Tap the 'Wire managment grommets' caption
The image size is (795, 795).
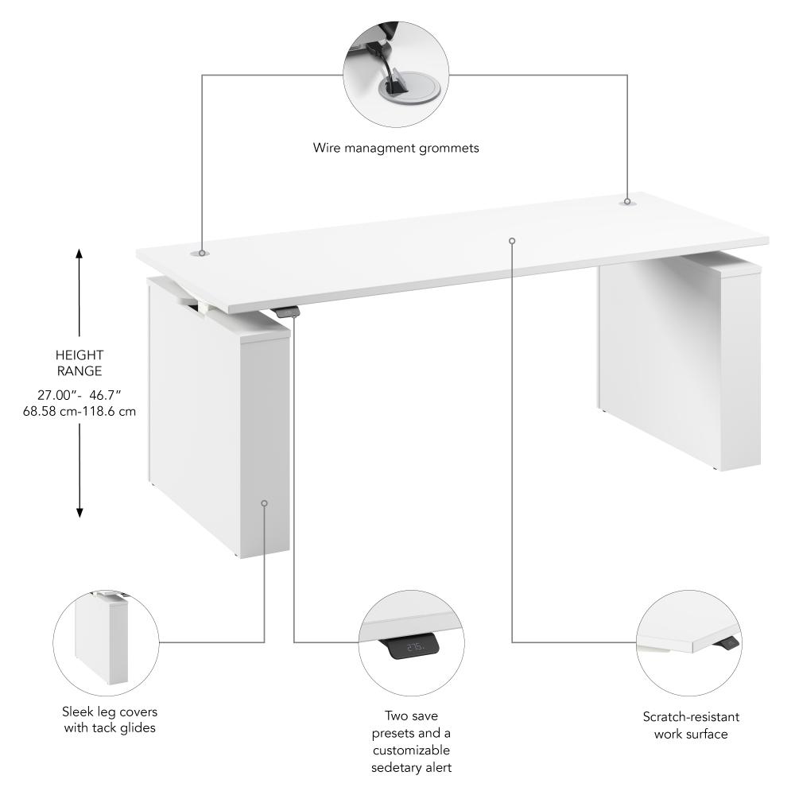click(396, 148)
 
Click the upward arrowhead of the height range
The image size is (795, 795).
click(79, 254)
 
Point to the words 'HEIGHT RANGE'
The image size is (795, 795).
click(79, 363)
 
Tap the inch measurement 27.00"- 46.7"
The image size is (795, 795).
click(79, 394)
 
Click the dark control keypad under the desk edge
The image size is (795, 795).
click(288, 312)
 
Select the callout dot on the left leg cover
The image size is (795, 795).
click(264, 502)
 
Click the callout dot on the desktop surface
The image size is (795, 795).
click(512, 240)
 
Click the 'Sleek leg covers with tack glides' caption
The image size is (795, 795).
click(109, 719)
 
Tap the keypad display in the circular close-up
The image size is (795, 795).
click(413, 648)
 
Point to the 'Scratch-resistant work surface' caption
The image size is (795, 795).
click(690, 725)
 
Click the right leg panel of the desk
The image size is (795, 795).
click(680, 366)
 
